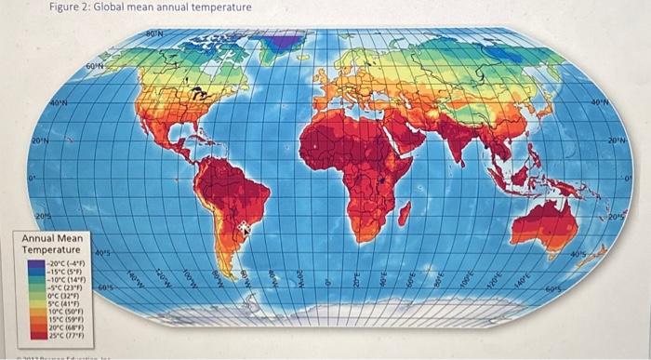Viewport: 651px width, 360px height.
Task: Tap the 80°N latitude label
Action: tap(154, 34)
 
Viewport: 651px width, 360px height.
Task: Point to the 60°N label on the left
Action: tap(96, 67)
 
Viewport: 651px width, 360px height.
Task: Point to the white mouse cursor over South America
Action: tap(245, 226)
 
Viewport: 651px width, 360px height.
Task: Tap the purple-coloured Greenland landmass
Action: tap(284, 41)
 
